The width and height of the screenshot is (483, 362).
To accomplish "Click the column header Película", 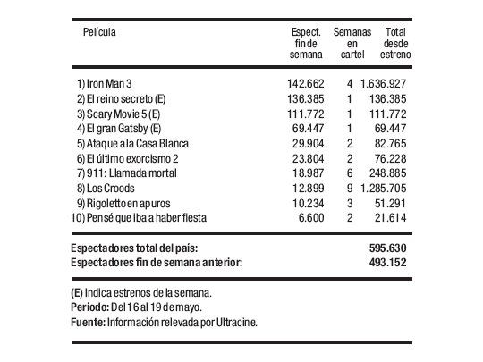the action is tap(100, 32).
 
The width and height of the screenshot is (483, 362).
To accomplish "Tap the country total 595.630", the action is tap(390, 248).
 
